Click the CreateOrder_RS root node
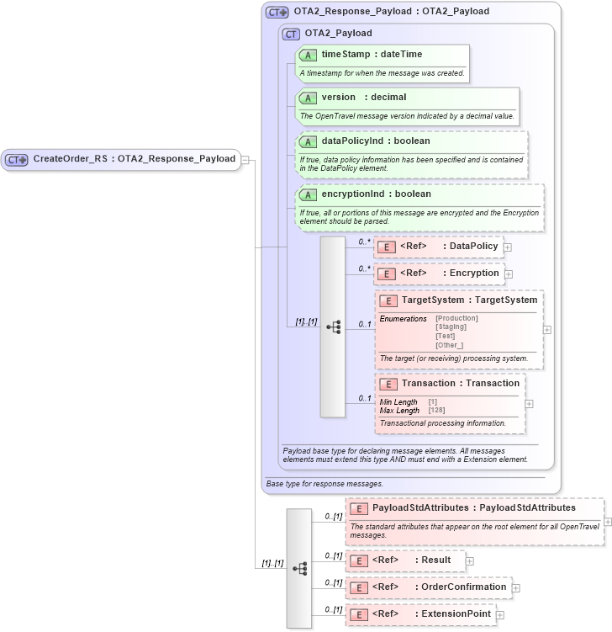pos(134,159)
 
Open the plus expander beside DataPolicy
pos(508,247)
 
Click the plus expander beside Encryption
pos(509,274)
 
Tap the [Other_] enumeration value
pos(449,345)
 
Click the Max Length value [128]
pos(436,410)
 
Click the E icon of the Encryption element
pos(387,274)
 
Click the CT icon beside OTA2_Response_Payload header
pos(277,12)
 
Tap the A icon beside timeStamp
pos(308,55)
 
